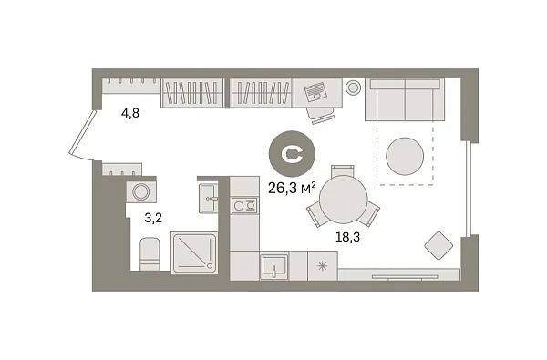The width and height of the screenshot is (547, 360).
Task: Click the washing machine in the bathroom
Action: pyautogui.click(x=142, y=193)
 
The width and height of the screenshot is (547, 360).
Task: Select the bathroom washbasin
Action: pyautogui.click(x=209, y=196)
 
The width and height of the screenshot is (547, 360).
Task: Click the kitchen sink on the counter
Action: pyautogui.click(x=273, y=266)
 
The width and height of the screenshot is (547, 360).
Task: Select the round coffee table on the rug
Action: pyautogui.click(x=405, y=156)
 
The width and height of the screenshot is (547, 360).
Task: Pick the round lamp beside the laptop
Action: pyautogui.click(x=354, y=87)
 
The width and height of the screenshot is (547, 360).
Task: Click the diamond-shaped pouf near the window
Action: pyautogui.click(x=439, y=245)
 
